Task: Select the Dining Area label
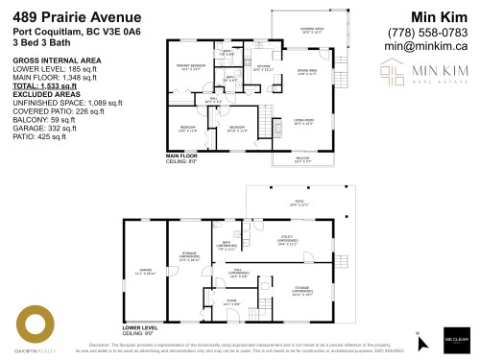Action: [x=308, y=70]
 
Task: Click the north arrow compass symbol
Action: [x=420, y=335]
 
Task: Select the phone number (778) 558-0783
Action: [x=423, y=31]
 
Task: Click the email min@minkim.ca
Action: [x=424, y=44]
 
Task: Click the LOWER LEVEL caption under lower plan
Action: [x=140, y=327]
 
